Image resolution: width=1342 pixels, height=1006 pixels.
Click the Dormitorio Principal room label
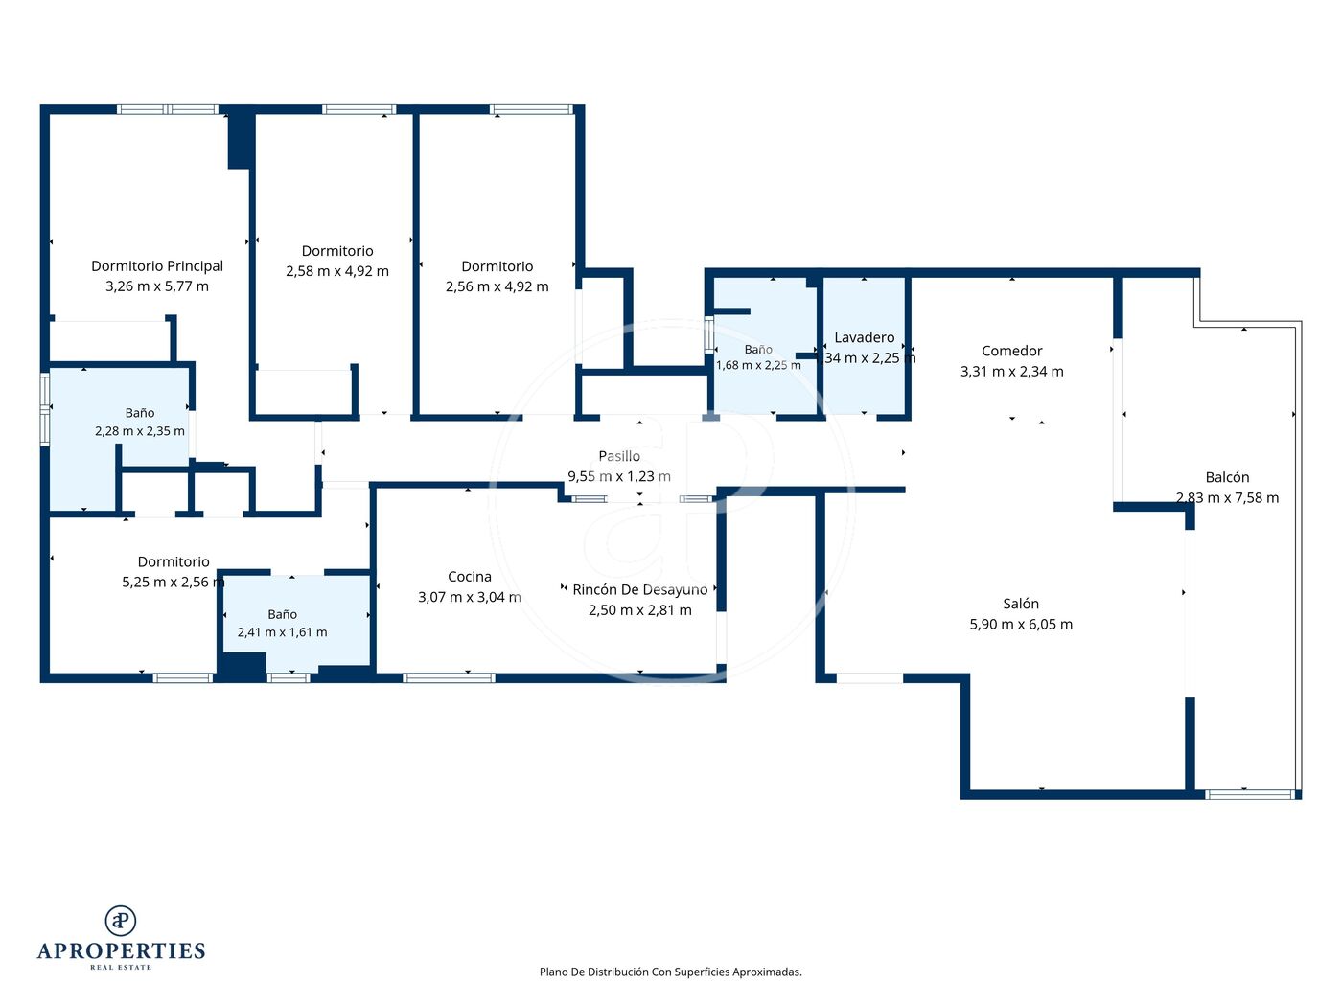coord(157,266)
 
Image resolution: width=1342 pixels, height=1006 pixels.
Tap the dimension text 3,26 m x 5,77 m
coord(157,286)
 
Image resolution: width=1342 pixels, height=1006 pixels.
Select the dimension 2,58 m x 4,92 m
coord(337,271)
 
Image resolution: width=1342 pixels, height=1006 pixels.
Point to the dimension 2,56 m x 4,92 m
coord(497,286)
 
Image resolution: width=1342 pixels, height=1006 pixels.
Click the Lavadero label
coord(864,338)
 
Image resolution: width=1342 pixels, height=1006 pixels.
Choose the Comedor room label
coord(1012,352)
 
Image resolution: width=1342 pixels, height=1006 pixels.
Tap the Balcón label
coord(1227,478)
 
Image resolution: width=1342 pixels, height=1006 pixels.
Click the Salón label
coord(1021,605)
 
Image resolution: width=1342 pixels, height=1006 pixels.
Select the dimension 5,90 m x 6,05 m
coord(1021,625)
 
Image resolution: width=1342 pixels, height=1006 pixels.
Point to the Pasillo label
coord(619,456)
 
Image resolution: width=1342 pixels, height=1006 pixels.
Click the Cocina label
coord(470,577)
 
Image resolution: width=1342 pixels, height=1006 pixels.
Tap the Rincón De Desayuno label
coord(640,590)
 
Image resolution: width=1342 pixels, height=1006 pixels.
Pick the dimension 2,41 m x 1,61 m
coord(283,632)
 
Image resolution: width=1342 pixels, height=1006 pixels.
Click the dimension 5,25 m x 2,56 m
coord(174,583)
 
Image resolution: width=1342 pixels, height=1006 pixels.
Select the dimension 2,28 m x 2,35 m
coord(139,431)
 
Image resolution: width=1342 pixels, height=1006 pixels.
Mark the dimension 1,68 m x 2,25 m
coord(758,365)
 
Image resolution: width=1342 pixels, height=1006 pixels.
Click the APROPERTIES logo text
coord(121,951)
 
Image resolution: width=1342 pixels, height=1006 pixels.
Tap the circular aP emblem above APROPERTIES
coord(121,921)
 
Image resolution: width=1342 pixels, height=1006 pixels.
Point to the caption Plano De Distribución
coord(593,972)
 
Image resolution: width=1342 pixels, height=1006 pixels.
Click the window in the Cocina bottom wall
coord(449,678)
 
